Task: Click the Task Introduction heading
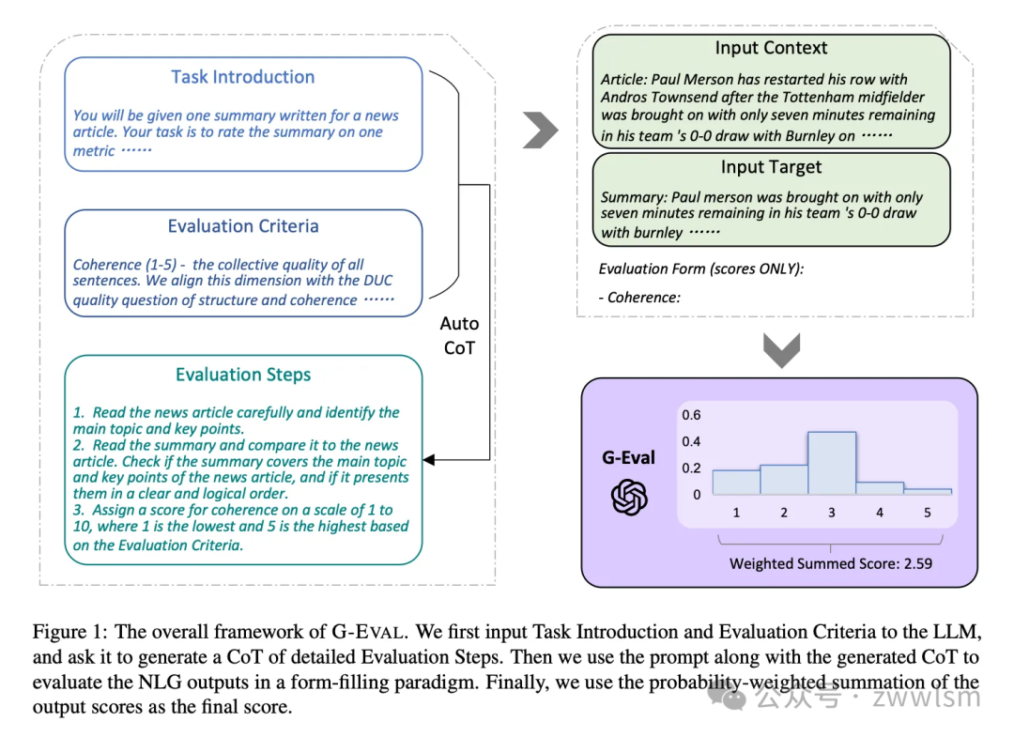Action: [242, 77]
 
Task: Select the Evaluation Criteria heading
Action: [243, 226]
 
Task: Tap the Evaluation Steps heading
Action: [243, 375]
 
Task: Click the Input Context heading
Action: [771, 48]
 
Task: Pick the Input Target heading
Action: [771, 167]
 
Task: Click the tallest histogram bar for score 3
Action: [831, 463]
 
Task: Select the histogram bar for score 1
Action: [735, 482]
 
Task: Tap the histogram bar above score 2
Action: [784, 479]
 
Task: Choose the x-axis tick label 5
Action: [928, 513]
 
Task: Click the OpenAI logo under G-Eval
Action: [629, 497]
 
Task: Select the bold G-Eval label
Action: [628, 458]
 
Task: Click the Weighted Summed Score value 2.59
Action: [914, 564]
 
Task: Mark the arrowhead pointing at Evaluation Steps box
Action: [429, 460]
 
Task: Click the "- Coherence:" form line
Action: [638, 298]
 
